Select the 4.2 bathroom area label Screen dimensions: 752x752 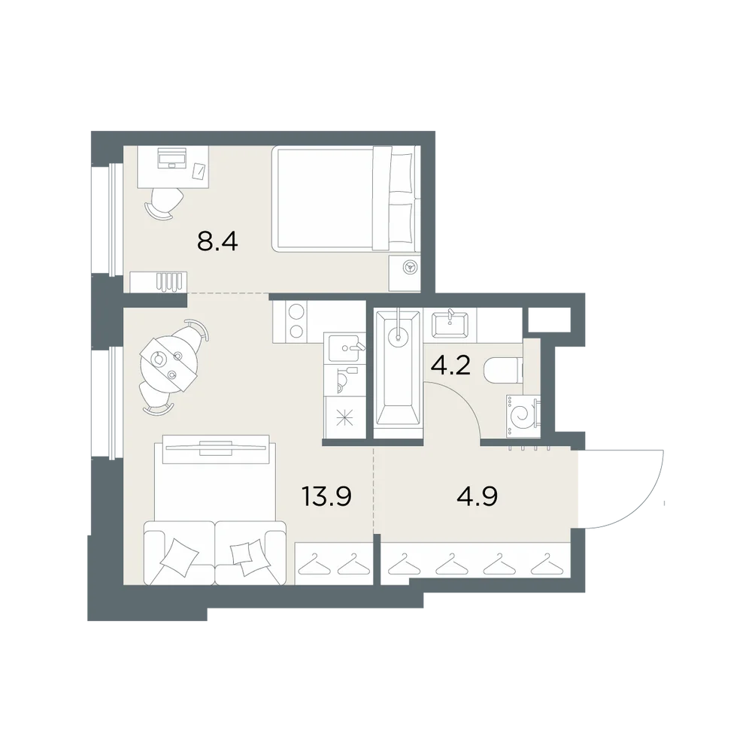coord(450,366)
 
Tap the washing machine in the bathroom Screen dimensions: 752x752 coord(523,415)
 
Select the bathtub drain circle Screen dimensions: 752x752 coord(398,335)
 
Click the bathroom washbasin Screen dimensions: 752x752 coord(450,325)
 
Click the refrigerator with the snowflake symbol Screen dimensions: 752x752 coord(345,417)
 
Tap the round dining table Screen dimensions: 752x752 coord(168,362)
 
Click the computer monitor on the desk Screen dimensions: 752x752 coord(171,158)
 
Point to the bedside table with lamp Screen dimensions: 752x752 coord(405,273)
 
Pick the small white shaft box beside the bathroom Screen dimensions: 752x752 coord(549,320)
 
